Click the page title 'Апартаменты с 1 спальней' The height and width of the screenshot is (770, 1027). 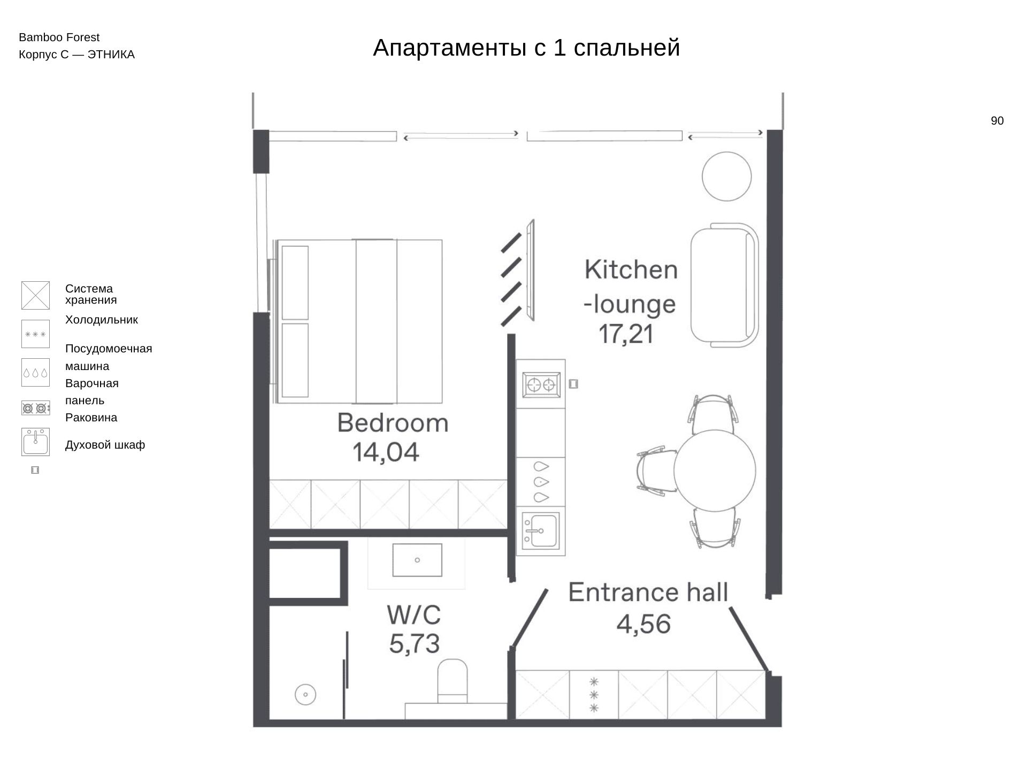(526, 48)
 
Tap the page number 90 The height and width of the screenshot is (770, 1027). (997, 121)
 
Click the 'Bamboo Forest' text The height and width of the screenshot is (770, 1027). (59, 37)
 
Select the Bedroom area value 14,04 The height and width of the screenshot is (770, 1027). (386, 452)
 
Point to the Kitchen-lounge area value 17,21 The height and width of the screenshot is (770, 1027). (626, 334)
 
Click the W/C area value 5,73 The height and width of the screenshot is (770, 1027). (415, 644)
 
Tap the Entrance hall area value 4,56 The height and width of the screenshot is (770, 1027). (643, 624)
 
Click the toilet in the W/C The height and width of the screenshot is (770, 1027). (453, 681)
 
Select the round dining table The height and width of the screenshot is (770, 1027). (715, 471)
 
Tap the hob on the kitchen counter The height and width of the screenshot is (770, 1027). (541, 384)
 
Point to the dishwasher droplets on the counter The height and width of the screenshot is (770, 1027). (541, 482)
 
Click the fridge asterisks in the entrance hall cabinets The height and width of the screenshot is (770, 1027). (594, 695)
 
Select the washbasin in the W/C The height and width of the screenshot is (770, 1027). (417, 560)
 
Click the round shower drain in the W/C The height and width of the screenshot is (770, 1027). (305, 695)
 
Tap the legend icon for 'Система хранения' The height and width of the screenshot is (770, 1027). (35, 295)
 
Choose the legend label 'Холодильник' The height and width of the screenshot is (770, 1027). (102, 320)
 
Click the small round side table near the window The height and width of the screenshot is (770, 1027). (726, 176)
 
